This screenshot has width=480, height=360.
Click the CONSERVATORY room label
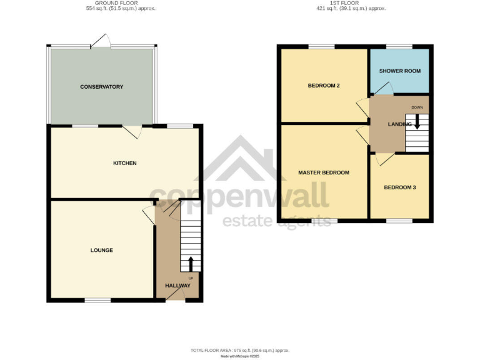coord(101,87)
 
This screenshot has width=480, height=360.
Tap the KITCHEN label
coord(124,163)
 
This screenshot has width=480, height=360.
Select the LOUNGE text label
coord(102,250)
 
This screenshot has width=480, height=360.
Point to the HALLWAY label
coord(177,286)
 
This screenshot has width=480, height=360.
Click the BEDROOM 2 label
coord(323,86)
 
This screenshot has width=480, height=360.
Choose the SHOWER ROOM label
coord(400,71)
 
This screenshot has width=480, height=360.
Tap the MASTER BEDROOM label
coord(323,172)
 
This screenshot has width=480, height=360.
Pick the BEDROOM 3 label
coord(400,187)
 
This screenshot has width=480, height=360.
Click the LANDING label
coord(399,124)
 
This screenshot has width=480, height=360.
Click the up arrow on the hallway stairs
coord(191,262)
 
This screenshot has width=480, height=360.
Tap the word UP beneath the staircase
coord(191,277)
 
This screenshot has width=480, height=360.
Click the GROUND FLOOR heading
coord(121,3)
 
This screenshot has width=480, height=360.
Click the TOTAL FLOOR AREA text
coord(239,350)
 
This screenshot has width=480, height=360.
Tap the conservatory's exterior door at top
coord(101,42)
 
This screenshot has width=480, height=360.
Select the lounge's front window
coord(98,301)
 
